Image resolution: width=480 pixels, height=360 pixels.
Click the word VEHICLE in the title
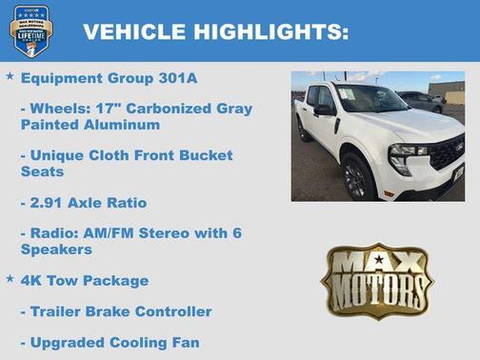coord(134,32)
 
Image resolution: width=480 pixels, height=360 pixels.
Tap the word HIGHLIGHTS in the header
coord(270,32)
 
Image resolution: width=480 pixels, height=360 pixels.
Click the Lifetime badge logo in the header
coord(30,31)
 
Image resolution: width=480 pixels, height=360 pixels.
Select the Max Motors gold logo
coord(376,280)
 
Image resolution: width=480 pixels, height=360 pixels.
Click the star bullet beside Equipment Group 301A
coord(10,76)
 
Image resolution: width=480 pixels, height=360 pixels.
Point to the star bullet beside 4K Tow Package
coord(10,279)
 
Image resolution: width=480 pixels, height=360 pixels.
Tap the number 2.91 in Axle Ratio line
coord(50,202)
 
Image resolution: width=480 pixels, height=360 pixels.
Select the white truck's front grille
coord(445,152)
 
